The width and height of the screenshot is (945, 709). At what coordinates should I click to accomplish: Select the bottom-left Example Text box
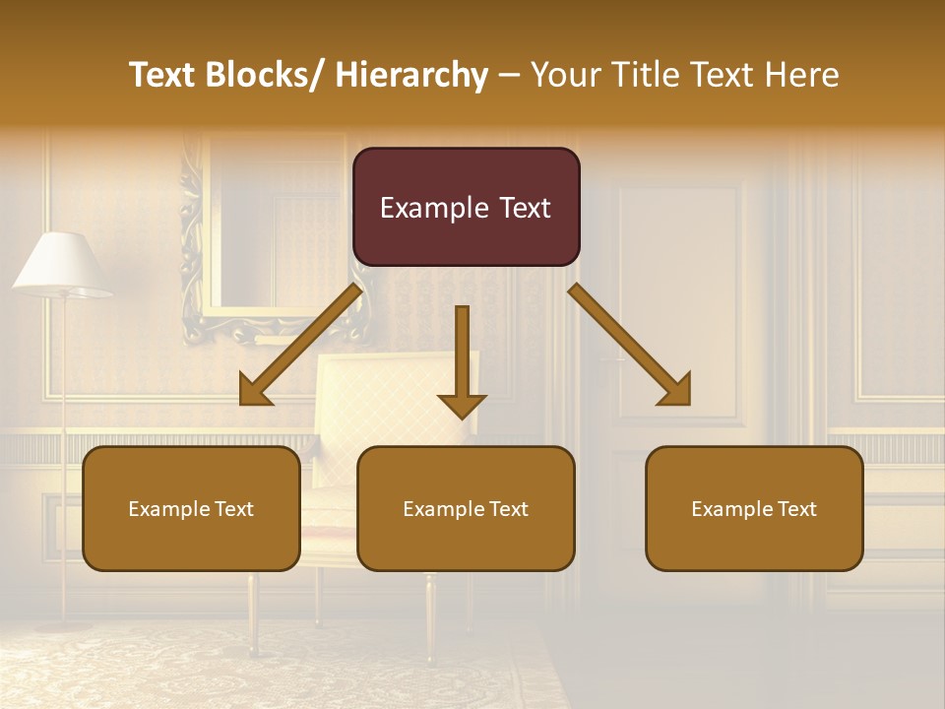(191, 509)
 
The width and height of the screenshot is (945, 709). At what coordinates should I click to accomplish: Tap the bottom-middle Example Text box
(466, 509)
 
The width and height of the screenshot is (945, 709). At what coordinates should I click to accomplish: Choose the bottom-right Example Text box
(754, 509)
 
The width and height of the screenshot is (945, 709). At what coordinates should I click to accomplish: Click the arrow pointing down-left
(300, 345)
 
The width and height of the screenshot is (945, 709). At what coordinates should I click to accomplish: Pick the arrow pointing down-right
(630, 345)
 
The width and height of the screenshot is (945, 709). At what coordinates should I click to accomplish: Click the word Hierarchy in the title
(411, 75)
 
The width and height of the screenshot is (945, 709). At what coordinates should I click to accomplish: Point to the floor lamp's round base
(64, 624)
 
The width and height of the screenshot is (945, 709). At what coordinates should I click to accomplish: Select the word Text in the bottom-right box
(795, 509)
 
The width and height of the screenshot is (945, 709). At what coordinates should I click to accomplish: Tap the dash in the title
(509, 75)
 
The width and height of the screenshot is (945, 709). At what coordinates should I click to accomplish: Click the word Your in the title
(563, 75)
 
